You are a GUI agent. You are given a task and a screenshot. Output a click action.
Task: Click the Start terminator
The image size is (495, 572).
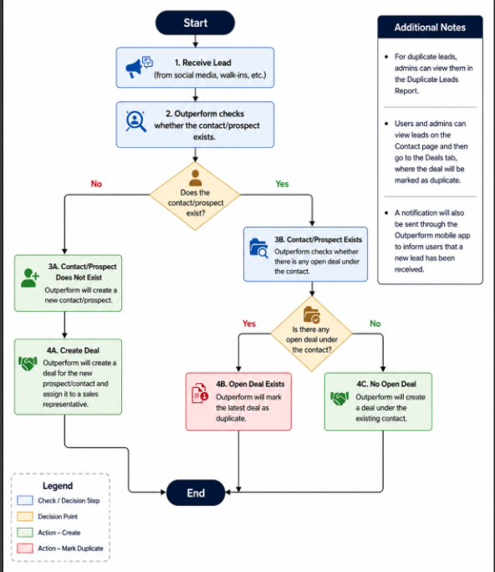[x=195, y=23]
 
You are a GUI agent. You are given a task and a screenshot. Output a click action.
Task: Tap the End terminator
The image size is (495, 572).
[x=196, y=493]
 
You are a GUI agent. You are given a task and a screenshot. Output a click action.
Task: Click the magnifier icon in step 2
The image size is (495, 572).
[x=135, y=121]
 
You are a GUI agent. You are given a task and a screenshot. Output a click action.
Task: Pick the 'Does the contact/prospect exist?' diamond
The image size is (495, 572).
[x=195, y=196]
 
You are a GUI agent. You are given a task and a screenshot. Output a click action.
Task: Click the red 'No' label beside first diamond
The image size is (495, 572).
[x=96, y=183]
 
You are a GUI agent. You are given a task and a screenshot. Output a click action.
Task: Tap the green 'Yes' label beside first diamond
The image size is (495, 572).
[x=282, y=183]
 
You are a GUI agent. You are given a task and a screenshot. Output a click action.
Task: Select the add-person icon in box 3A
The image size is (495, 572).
[x=29, y=278]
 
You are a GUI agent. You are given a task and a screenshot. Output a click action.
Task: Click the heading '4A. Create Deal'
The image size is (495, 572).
[x=73, y=350]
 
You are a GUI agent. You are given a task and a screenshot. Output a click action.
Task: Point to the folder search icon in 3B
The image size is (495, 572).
[x=258, y=248]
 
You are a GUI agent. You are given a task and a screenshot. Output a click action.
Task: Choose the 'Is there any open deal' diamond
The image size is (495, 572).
[x=312, y=334]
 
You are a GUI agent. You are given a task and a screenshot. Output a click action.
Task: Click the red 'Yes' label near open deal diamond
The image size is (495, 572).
[x=249, y=324]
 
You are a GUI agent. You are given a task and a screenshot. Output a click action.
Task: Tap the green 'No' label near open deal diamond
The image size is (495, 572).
[x=375, y=324]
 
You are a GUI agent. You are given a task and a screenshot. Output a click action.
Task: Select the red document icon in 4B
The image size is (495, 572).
[x=200, y=393]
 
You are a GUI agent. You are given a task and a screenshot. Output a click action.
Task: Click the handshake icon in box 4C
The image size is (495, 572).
[x=339, y=398]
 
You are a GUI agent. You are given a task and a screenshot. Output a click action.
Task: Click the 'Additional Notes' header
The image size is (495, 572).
[x=430, y=28]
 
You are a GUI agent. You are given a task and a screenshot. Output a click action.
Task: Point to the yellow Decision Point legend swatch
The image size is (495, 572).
[x=25, y=516]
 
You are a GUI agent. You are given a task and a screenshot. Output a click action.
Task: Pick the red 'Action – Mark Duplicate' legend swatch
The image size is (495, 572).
[x=25, y=549]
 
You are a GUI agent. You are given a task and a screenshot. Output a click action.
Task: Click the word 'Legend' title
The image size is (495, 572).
[x=58, y=486]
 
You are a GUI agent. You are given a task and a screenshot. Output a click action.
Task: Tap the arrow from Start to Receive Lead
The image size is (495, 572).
[x=195, y=41]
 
